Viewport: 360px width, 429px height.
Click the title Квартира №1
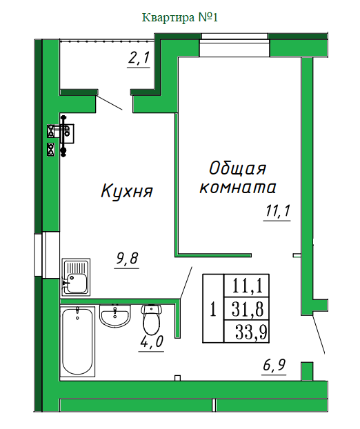(x=180, y=17)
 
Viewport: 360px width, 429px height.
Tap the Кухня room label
(x=127, y=191)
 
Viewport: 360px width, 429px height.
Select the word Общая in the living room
(x=237, y=168)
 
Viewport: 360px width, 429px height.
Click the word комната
(x=237, y=188)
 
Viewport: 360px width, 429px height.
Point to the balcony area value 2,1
(x=139, y=58)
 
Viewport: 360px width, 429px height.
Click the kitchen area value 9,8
(x=127, y=258)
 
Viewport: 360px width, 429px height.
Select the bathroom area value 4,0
(x=152, y=341)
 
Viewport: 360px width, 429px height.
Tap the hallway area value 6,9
(x=274, y=365)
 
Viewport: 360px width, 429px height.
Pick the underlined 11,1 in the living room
(x=278, y=210)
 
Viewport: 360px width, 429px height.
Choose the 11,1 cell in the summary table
(x=247, y=286)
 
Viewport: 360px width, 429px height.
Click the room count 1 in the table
(x=213, y=310)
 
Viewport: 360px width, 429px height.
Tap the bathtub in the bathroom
(x=77, y=341)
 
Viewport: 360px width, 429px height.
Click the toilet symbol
(x=151, y=319)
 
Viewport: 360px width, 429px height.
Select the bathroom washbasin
(x=115, y=315)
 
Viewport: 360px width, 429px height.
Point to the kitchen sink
(x=76, y=277)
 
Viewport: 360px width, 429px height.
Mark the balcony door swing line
(x=110, y=102)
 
